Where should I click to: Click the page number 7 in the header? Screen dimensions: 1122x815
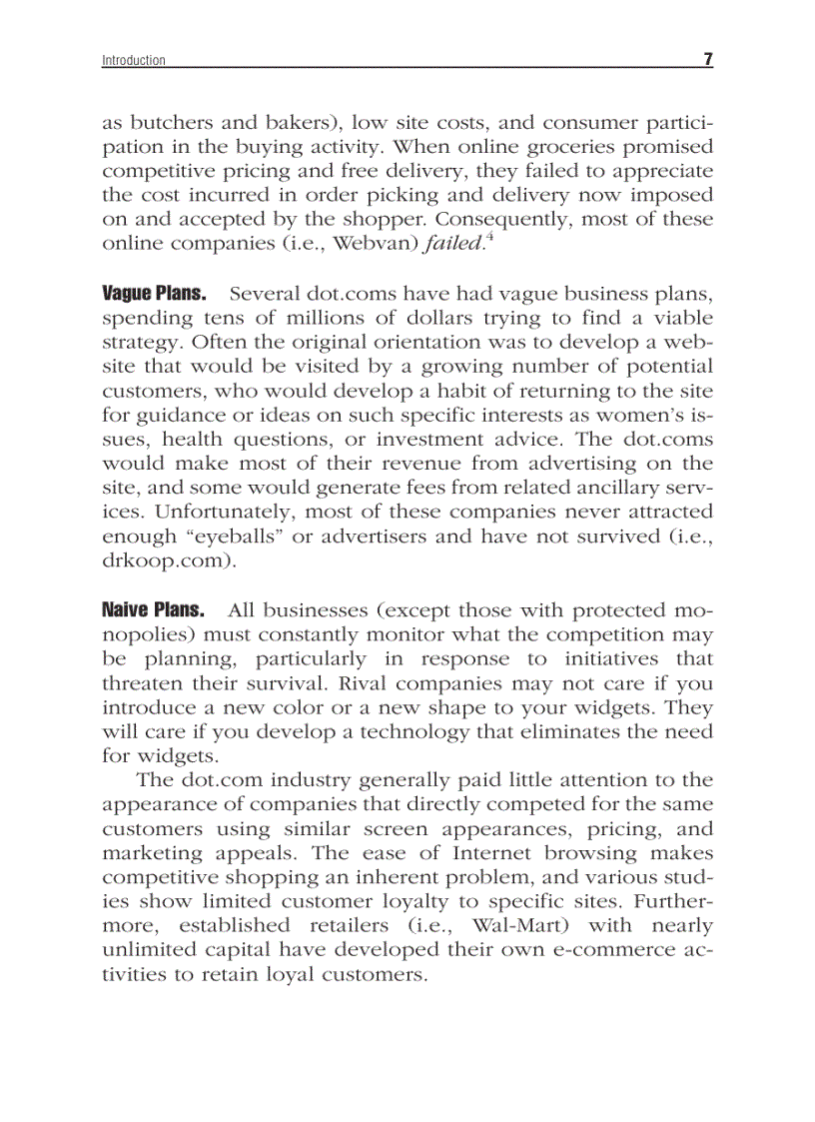[x=707, y=60]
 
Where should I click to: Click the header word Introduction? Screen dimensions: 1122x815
[x=134, y=61]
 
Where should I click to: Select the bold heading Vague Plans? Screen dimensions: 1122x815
[x=154, y=294]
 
